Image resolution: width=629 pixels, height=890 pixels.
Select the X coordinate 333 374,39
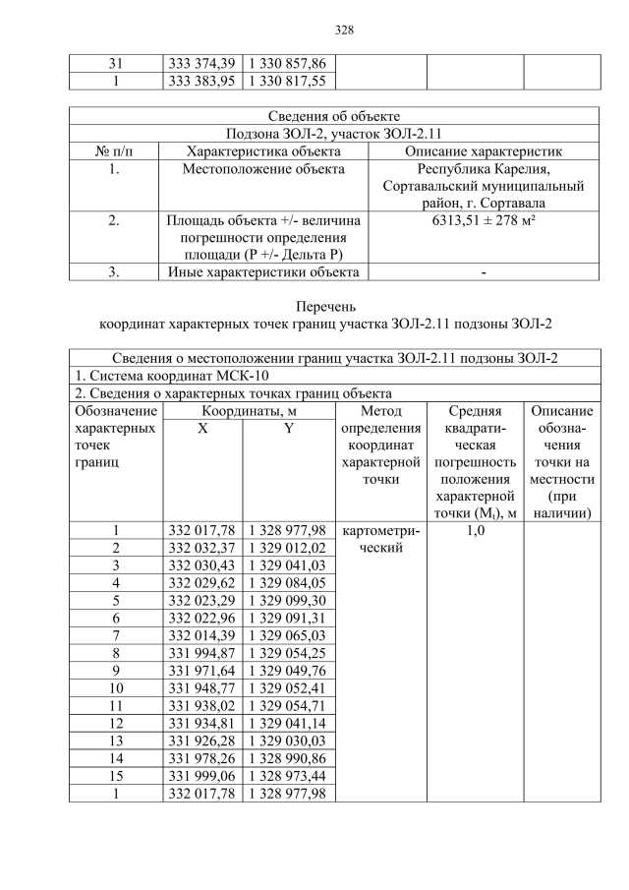tap(201, 64)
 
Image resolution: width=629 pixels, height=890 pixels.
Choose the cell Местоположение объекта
tap(263, 169)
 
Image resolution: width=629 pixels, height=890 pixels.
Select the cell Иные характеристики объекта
tap(263, 272)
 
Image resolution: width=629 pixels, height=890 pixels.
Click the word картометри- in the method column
tap(378, 531)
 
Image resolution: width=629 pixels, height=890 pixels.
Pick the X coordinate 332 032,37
tap(201, 548)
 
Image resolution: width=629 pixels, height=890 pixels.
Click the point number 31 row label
tap(115, 64)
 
